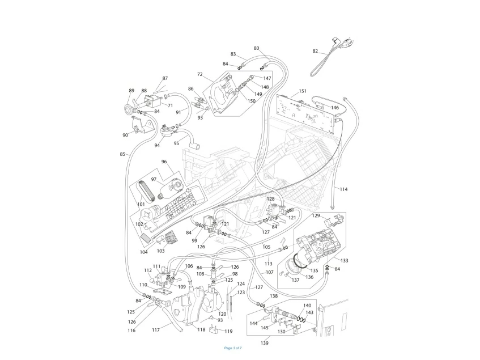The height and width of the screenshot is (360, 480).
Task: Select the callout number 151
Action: coord(303,91)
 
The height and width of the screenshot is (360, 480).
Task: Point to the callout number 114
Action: coord(343,189)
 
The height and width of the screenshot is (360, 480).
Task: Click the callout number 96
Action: coord(164,162)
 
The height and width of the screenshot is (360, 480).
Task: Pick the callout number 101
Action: coord(141,205)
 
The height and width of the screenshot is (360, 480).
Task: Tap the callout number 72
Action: coord(200,74)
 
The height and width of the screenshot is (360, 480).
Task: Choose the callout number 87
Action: coord(165,78)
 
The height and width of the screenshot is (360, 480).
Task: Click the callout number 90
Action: coord(125,135)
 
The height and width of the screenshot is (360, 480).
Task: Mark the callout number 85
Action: coord(122,154)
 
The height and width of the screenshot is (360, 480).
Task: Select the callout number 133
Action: coord(345,260)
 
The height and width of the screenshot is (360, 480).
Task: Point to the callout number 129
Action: coord(316,216)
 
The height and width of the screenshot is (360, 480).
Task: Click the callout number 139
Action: coord(265,343)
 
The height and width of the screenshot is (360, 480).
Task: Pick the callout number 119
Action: coord(228,331)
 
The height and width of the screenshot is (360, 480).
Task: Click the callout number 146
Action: coord(335,108)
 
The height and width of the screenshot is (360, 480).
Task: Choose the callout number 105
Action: coord(266,247)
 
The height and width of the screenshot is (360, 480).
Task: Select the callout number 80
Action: coord(257,48)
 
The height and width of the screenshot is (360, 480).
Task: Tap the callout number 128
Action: coord(271,199)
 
